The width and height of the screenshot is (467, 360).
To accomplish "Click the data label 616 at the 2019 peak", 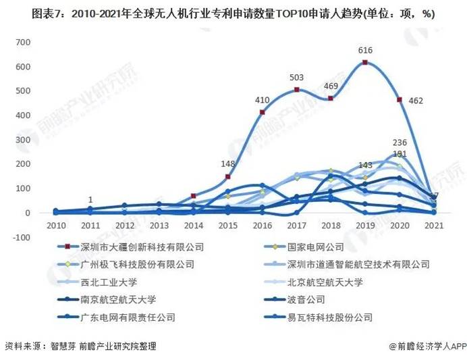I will tap(365, 51).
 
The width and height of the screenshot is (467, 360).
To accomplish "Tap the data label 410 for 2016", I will tap(261, 100).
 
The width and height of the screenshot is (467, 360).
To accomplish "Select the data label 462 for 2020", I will tap(415, 100).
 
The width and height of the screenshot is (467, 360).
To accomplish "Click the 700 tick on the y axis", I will tap(24, 43).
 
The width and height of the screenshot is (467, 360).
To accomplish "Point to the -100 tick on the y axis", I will tap(22, 238).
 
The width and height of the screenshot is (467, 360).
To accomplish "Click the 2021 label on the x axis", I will tap(434, 225).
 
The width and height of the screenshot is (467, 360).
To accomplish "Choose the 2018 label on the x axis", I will tap(331, 225).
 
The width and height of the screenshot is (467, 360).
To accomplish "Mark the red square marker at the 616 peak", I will tap(365, 63).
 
